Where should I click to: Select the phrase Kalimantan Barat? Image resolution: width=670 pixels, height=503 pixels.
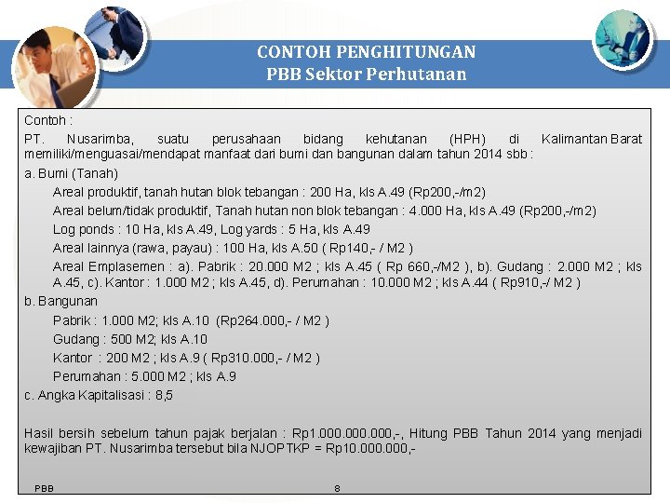point(591,139)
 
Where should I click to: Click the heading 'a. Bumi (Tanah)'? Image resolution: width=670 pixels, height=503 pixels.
point(72,173)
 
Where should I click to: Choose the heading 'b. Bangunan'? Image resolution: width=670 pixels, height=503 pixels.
point(60,302)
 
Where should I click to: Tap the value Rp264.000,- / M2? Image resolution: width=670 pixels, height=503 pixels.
point(272,320)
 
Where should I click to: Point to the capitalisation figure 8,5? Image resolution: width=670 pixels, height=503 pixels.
point(164,395)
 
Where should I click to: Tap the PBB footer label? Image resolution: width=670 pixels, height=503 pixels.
point(44,488)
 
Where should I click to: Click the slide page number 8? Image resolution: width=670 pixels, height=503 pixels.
point(337,488)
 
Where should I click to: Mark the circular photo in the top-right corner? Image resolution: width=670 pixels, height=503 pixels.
point(623,38)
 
